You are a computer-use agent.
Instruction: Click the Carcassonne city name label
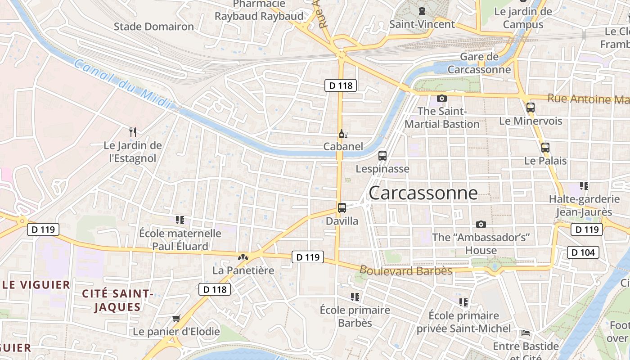[423, 193]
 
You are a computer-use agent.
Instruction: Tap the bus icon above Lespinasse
[382, 156]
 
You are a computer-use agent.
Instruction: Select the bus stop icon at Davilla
[342, 208]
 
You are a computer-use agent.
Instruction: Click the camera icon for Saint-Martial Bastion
[442, 98]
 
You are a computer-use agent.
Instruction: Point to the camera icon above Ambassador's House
[481, 224]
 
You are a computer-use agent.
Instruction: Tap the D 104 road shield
[583, 252]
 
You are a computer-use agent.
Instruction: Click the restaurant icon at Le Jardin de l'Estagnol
[133, 132]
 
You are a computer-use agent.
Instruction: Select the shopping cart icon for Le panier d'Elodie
[176, 319]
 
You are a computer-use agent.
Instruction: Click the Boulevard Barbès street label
[406, 270]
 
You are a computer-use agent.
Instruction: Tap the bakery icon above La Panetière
[243, 258]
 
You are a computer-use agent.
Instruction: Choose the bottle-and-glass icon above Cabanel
[343, 134]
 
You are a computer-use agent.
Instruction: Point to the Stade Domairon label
[154, 27]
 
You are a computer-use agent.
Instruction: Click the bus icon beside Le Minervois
[531, 108]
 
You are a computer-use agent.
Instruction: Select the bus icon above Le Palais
[545, 148]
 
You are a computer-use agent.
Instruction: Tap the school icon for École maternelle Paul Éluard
[180, 220]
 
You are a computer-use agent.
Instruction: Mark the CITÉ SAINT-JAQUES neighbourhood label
[118, 300]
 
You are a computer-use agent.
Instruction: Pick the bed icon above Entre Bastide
[526, 333]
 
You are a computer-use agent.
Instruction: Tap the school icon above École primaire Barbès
[355, 297]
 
